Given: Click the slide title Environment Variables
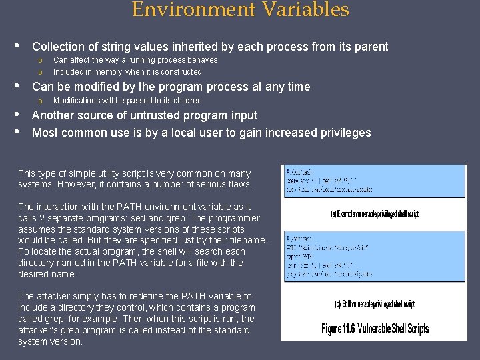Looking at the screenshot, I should [x=240, y=10].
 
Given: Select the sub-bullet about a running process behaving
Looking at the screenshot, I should [x=135, y=60].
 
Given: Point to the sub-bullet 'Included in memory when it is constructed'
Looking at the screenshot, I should [x=127, y=72].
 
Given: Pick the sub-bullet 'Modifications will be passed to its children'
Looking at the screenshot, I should [x=127, y=101].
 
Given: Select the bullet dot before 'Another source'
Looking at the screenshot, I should [x=20, y=114].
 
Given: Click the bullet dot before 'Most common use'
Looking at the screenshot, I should [x=20, y=131].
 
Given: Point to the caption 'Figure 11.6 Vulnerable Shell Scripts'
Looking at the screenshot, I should [x=375, y=329].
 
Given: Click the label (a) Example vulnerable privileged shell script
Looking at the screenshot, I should [x=375, y=215].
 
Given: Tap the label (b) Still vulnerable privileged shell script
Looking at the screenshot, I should [x=375, y=304].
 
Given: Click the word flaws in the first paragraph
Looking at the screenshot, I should [x=238, y=184].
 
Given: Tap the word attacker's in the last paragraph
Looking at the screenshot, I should [x=39, y=330].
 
